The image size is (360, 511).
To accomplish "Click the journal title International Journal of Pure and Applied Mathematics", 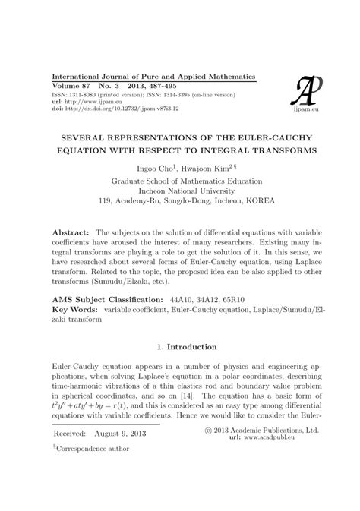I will [x=153, y=77].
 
